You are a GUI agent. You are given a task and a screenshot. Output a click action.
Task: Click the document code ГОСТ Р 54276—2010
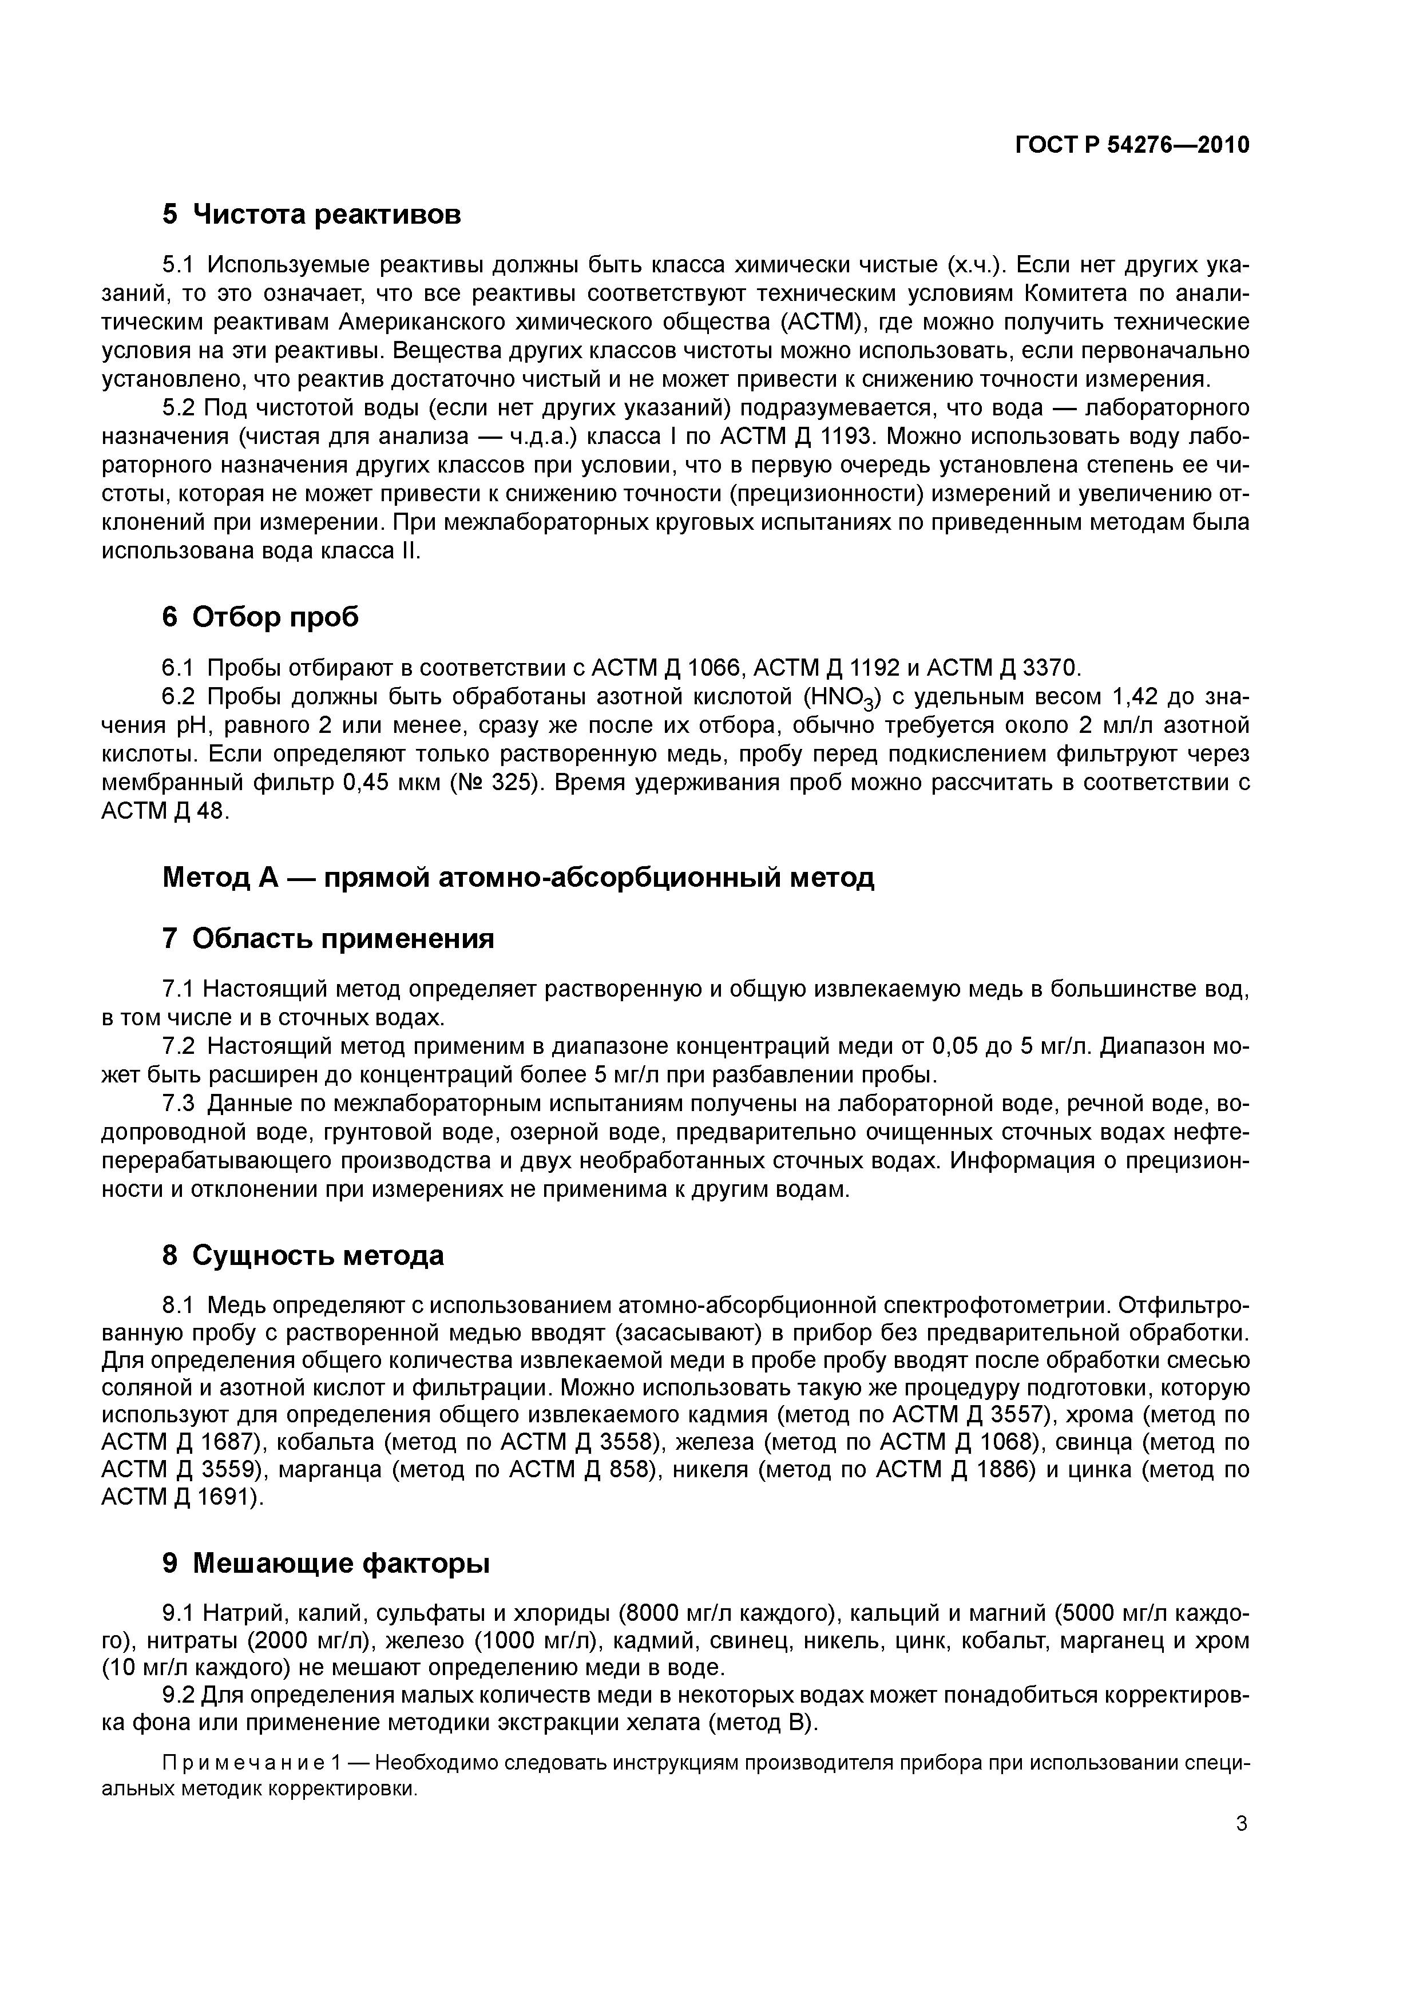1132,145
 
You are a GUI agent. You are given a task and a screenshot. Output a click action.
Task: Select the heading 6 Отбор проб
260,617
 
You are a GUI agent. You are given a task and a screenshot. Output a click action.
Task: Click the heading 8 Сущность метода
303,1255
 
